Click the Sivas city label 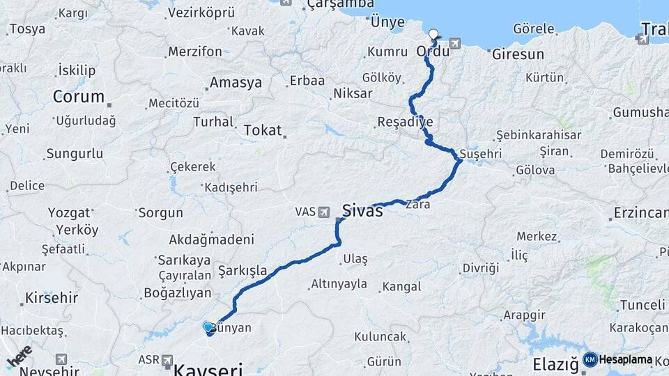(362, 210)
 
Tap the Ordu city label (432, 52)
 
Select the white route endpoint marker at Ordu (433, 33)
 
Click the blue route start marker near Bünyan (208, 326)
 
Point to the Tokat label (263, 130)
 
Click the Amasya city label (236, 82)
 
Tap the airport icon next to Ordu (455, 43)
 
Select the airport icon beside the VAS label (324, 212)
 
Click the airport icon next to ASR (167, 360)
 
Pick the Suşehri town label (482, 153)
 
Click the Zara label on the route (422, 205)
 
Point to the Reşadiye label (405, 122)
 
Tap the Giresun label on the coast (518, 54)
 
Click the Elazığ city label (555, 364)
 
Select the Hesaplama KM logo (620, 359)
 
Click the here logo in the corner (19, 355)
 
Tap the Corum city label (78, 97)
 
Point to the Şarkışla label (243, 270)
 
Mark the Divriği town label (481, 268)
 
